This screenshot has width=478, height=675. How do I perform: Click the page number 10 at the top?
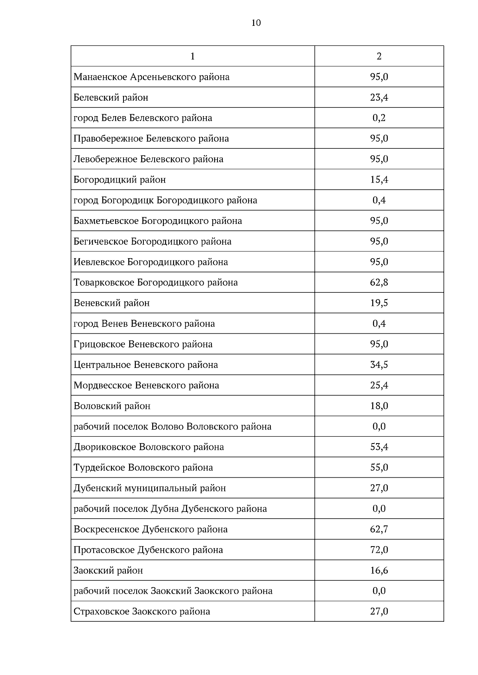256,23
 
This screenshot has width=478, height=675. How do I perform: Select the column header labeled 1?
193,56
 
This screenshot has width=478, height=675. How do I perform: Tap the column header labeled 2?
379,56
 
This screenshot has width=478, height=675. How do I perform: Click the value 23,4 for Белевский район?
379,97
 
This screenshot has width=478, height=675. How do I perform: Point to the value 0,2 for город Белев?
379,118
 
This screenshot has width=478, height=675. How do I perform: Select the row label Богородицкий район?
119,180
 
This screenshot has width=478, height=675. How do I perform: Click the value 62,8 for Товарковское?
379,282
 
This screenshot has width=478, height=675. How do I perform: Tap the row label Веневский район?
112,303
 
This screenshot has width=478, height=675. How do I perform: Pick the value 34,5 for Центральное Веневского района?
379,365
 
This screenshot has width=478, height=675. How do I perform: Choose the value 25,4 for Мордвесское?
379,385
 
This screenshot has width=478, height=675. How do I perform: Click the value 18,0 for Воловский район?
379,406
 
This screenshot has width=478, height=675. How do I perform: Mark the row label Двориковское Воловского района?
149,447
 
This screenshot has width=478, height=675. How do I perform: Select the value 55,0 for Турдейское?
379,467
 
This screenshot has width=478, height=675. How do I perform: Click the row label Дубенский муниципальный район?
150,488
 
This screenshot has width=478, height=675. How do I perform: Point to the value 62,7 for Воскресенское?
379,529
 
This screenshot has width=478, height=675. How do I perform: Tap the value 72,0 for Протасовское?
379,550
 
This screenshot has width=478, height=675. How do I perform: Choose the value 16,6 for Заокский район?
379,570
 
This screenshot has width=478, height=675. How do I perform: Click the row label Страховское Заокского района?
142,611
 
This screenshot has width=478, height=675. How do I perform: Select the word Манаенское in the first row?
100,77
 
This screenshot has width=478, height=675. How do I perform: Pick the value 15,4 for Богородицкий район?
379,180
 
